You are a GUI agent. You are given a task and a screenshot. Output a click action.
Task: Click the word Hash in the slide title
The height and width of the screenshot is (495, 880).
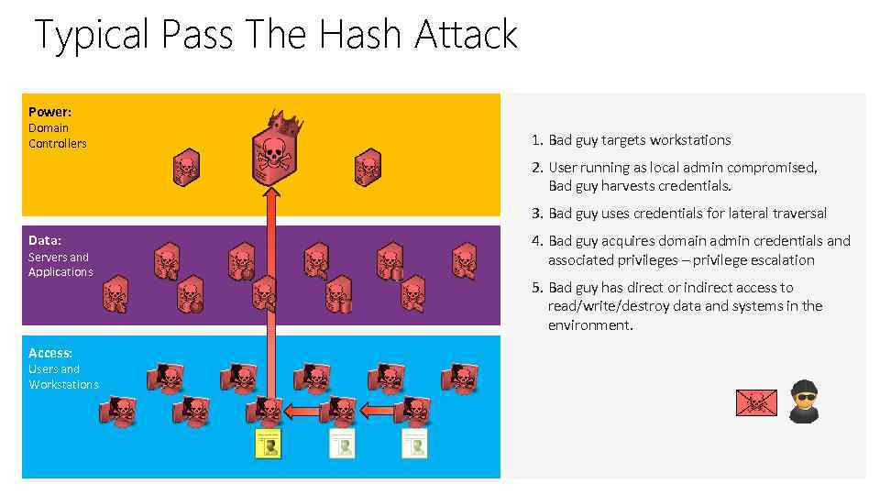pyautogui.click(x=361, y=36)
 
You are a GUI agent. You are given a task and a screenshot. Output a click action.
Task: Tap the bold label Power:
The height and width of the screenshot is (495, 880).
pyautogui.click(x=49, y=112)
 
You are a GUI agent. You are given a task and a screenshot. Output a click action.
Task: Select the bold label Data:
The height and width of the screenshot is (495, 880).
pyautogui.click(x=45, y=241)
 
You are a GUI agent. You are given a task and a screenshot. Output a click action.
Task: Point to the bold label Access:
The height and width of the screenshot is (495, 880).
pyautogui.click(x=50, y=353)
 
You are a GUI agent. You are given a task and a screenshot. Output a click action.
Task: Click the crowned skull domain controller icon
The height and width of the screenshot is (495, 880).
pyautogui.click(x=272, y=158)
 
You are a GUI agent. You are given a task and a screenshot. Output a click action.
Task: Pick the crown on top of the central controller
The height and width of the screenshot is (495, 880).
pyautogui.click(x=283, y=122)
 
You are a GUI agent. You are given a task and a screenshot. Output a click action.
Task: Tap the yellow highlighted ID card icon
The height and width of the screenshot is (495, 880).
pyautogui.click(x=267, y=445)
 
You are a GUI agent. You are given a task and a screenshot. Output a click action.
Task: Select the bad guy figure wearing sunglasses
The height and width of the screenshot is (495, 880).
pyautogui.click(x=804, y=401)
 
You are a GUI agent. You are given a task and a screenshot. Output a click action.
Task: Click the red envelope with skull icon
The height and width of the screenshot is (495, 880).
pyautogui.click(x=756, y=402)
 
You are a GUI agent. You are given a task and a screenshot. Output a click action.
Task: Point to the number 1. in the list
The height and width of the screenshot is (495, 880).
pyautogui.click(x=537, y=140)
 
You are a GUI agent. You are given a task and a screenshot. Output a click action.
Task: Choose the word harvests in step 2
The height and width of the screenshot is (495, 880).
pyautogui.click(x=630, y=186)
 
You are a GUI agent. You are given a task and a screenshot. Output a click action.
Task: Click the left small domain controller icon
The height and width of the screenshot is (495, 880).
pyautogui.click(x=186, y=168)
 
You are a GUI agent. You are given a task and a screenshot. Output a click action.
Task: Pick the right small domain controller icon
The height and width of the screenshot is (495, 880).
pyautogui.click(x=368, y=168)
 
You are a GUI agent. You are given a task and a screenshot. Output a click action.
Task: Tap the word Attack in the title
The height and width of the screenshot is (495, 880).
pyautogui.click(x=466, y=36)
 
